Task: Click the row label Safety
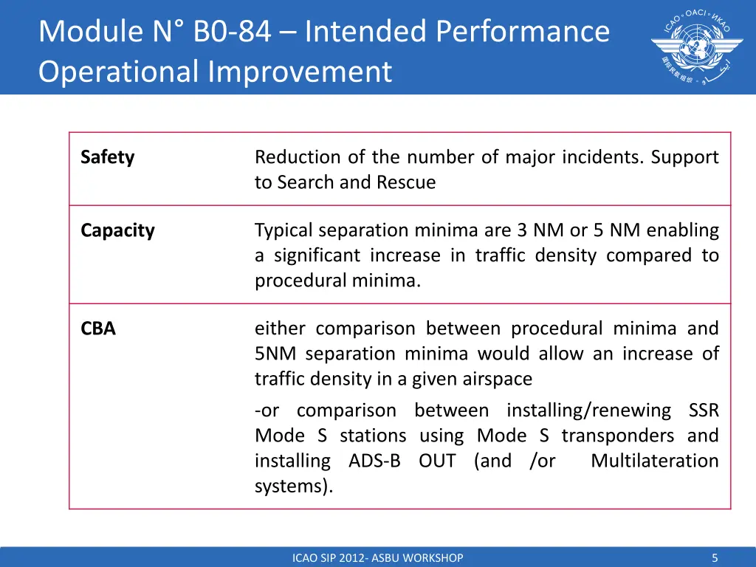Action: (107, 157)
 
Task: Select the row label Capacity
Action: (117, 230)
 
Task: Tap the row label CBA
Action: (98, 329)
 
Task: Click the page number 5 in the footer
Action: (715, 558)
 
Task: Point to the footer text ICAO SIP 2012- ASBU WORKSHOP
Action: (378, 558)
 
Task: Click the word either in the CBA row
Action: (279, 329)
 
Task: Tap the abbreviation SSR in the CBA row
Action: (703, 410)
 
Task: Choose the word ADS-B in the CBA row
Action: (374, 461)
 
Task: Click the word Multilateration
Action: (654, 461)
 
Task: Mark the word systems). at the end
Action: (294, 486)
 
